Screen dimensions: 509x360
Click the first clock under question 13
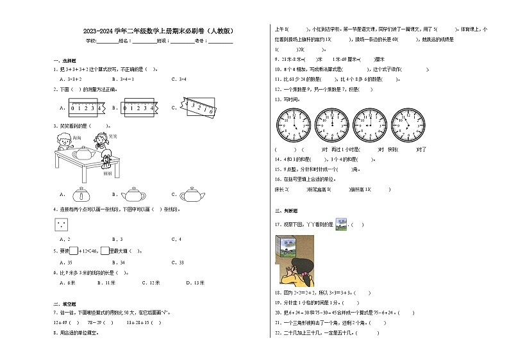coord(293,124)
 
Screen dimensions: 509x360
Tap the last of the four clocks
coord(408,124)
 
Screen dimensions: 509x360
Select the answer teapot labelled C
coord(192,195)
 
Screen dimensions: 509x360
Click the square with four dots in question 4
coord(60,225)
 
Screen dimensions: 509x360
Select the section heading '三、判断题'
coord(283,210)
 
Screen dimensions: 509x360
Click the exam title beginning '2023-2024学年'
coord(158,30)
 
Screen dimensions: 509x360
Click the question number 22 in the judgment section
coord(277,332)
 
